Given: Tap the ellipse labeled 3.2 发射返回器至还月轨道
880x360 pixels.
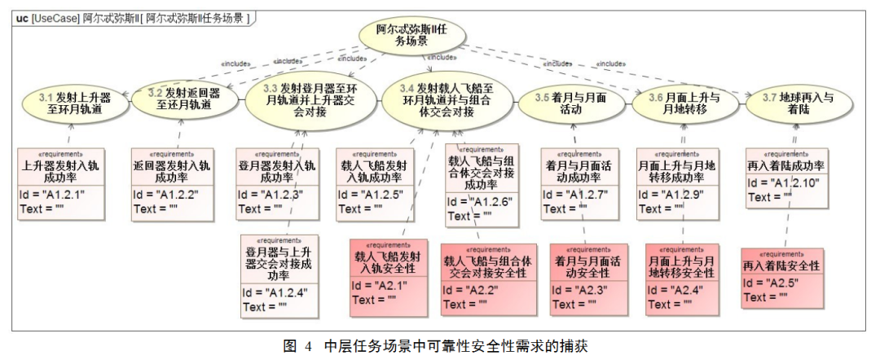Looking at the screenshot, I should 185,99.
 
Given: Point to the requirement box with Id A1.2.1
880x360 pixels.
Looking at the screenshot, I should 62,183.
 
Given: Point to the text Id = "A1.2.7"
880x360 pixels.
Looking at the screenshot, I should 575,194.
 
